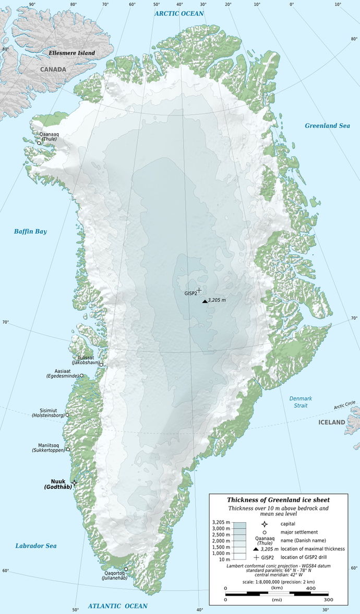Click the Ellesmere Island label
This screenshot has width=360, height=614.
(x=71, y=53)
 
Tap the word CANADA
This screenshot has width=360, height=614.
(x=54, y=69)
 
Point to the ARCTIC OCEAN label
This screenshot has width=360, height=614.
(x=178, y=13)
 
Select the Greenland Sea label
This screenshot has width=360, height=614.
(x=327, y=126)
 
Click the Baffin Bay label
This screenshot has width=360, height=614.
(x=31, y=231)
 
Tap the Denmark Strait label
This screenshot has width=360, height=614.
(x=301, y=402)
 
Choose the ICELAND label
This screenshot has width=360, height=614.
(x=332, y=422)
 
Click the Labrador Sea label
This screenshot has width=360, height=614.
(x=35, y=546)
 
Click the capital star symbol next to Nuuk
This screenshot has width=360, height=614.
(x=75, y=483)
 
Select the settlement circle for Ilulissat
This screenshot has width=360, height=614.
(x=101, y=364)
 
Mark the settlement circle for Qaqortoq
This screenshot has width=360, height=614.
(x=126, y=569)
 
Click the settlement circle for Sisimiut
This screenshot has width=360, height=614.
(x=67, y=415)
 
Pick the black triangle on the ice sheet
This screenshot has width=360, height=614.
(x=205, y=301)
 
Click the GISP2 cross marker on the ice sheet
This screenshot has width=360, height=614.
(x=198, y=290)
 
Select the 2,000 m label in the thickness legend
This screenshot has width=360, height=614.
(x=221, y=540)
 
